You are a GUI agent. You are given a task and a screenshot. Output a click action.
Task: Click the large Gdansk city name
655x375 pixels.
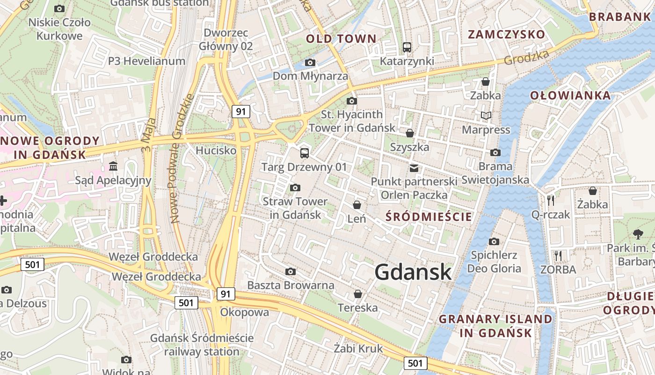click(413, 272)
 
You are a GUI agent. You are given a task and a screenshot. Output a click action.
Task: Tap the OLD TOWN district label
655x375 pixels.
click(341, 38)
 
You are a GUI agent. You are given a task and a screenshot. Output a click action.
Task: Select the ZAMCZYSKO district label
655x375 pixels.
click(507, 34)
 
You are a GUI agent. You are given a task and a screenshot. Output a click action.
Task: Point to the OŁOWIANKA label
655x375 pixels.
click(570, 96)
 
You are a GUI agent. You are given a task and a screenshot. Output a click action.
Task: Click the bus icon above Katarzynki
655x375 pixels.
click(407, 47)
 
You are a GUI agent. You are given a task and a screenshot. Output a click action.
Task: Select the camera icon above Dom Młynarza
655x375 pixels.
click(310, 62)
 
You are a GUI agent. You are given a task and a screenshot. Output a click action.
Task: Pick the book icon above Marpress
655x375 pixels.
click(486, 115)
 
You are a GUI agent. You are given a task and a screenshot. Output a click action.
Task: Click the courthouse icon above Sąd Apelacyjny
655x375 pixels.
click(113, 166)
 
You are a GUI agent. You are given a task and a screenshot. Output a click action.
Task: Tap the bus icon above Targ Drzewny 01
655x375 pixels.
click(304, 153)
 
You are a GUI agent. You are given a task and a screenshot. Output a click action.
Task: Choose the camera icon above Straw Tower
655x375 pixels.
click(295, 188)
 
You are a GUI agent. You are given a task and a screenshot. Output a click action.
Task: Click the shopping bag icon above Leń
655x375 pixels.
click(357, 205)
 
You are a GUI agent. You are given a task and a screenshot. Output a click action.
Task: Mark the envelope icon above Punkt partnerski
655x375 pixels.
click(414, 168)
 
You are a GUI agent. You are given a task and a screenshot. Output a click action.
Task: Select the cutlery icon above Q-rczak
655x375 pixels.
click(551, 201)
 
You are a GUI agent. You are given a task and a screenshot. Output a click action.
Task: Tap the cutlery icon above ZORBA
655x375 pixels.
click(558, 256)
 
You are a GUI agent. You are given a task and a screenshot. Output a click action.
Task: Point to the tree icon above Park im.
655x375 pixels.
click(638, 234)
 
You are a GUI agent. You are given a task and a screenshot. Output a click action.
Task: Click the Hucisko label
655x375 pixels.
click(216, 150)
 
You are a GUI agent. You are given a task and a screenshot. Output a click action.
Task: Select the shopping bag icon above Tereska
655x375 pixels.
click(358, 294)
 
